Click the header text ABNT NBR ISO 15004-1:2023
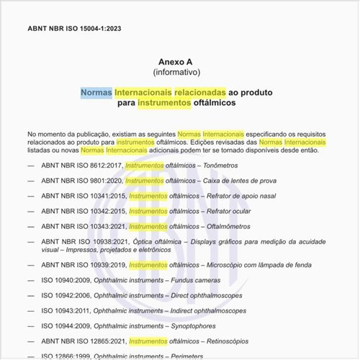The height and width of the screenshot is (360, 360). pyautogui.click(x=74, y=30)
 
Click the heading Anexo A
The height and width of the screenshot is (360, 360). pyautogui.click(x=176, y=63)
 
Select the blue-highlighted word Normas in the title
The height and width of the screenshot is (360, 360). pyautogui.click(x=96, y=93)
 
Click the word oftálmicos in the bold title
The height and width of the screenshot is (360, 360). pyautogui.click(x=215, y=104)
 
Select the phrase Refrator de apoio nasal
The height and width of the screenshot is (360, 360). pyautogui.click(x=243, y=196)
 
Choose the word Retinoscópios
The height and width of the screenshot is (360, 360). pyautogui.click(x=225, y=341)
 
